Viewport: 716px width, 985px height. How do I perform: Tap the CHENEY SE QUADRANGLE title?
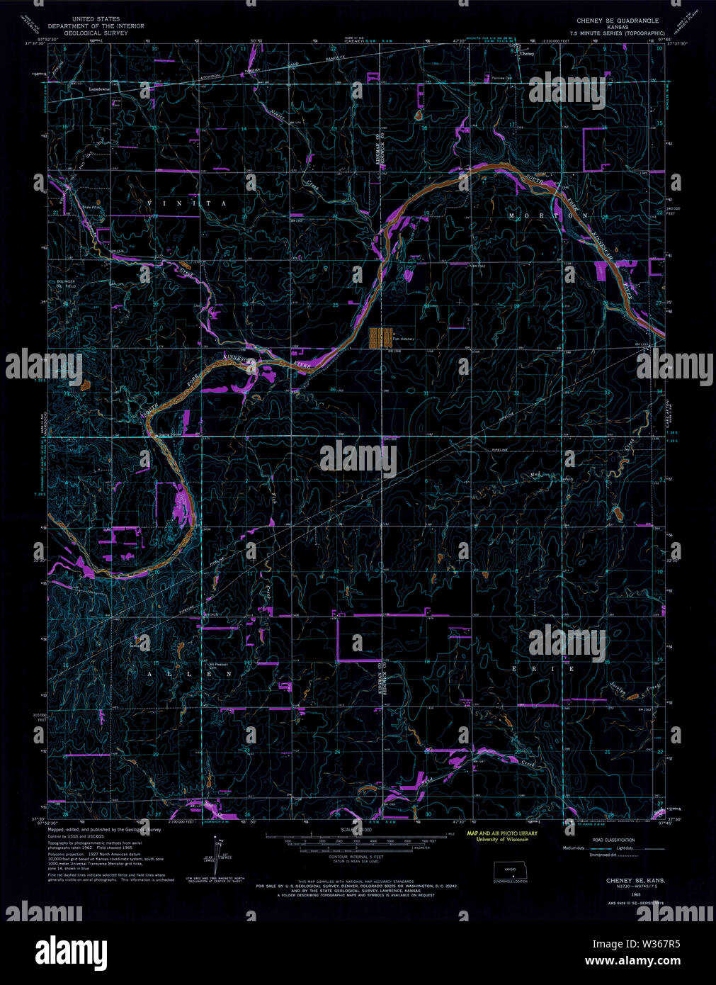pyautogui.click(x=618, y=21)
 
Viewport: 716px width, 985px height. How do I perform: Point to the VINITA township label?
pyautogui.click(x=187, y=203)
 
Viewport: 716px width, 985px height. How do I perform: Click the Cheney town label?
pyautogui.click(x=525, y=54)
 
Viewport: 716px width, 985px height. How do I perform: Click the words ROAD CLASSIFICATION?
pyautogui.click(x=614, y=840)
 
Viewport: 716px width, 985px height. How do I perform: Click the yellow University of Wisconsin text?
pyautogui.click(x=496, y=839)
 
